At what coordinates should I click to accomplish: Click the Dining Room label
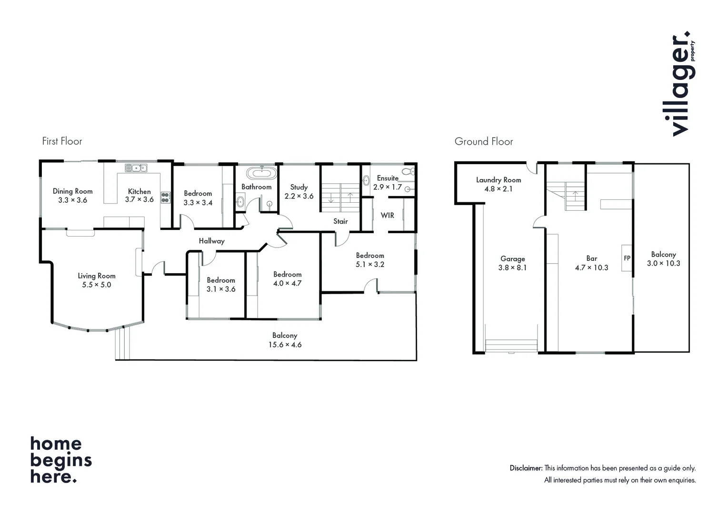click(x=72, y=191)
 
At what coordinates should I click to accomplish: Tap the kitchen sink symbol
click(x=136, y=168)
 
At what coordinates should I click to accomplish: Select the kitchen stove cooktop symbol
click(x=165, y=198)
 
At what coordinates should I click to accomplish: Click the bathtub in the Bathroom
click(x=261, y=173)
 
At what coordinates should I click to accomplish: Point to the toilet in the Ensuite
click(x=408, y=171)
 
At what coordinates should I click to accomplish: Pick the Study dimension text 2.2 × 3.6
click(x=299, y=196)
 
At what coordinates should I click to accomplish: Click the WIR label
click(x=387, y=215)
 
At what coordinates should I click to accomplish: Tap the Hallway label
click(x=211, y=241)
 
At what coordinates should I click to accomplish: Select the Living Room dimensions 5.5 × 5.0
click(x=97, y=285)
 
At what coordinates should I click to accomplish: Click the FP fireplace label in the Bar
click(x=627, y=258)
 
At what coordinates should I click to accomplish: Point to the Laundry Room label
click(x=498, y=180)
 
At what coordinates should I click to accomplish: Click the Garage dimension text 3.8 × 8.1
click(x=512, y=267)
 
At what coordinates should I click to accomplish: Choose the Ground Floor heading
click(x=484, y=141)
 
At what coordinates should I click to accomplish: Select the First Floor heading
click(x=62, y=141)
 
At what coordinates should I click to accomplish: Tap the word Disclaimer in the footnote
click(x=526, y=468)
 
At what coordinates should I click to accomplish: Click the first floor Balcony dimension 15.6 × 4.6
click(x=285, y=345)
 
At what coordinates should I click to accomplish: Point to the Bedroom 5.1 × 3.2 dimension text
click(x=370, y=264)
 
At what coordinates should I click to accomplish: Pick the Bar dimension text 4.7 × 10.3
click(x=591, y=267)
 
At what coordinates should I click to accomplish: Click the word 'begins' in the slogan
click(x=61, y=460)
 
